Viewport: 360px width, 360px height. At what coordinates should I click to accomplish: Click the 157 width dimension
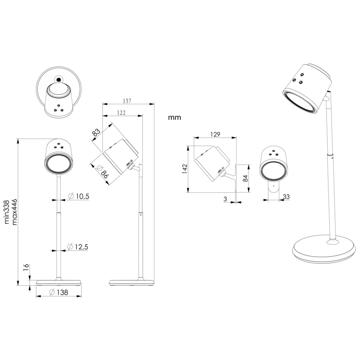click(128, 100)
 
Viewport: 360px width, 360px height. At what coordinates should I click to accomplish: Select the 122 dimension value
click(122, 113)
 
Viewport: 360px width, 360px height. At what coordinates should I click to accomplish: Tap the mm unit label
click(175, 118)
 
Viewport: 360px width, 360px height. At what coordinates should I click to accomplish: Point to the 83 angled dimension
click(97, 133)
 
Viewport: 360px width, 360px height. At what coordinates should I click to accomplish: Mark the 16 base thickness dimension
click(26, 268)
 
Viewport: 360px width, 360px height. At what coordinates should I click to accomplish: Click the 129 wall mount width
click(215, 134)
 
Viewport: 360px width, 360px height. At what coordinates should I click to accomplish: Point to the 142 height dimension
click(185, 168)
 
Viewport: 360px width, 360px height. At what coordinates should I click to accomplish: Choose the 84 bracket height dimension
click(245, 178)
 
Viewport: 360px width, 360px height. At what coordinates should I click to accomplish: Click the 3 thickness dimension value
click(225, 199)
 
